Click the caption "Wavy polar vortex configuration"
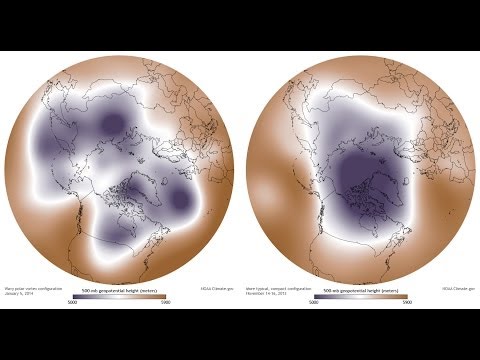tap(30, 288)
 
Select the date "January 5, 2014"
tap(20, 293)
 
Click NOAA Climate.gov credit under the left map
tap(212, 289)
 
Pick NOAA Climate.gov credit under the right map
tap(455, 289)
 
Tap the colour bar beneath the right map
tap(360, 294)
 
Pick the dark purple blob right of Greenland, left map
tap(180, 200)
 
